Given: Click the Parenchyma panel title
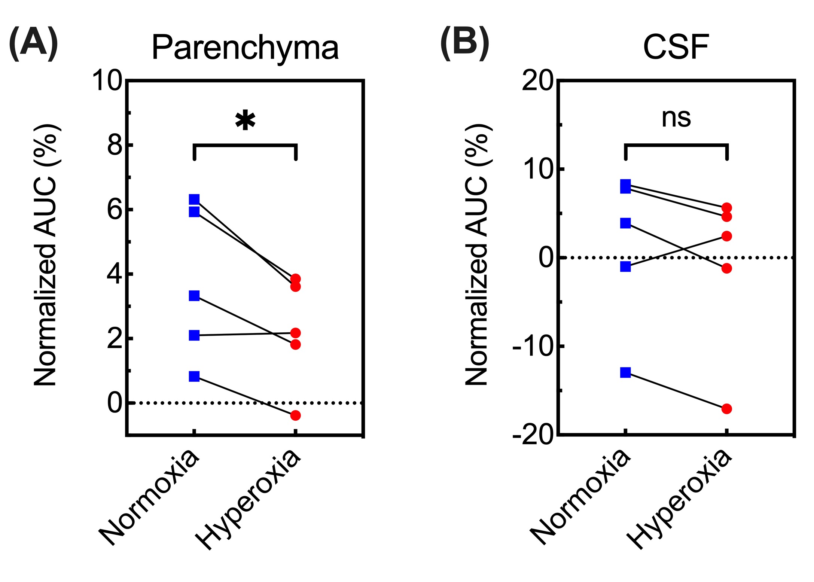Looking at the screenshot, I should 245,48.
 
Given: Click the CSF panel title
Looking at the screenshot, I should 676,47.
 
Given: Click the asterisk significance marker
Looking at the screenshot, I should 245,121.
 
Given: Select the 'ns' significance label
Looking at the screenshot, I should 676,118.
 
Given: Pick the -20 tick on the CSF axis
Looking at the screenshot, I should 533,435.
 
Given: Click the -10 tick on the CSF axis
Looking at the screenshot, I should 533,347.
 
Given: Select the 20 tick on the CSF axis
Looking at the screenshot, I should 538,81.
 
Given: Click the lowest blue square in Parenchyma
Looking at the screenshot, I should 194,376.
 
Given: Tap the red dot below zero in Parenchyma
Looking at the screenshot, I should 295,415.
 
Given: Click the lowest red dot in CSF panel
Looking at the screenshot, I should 726,409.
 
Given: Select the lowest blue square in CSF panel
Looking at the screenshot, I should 625,372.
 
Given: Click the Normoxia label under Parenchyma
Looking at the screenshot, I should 150,498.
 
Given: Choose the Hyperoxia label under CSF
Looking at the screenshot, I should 679,500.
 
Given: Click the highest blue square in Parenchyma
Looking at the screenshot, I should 194,199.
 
